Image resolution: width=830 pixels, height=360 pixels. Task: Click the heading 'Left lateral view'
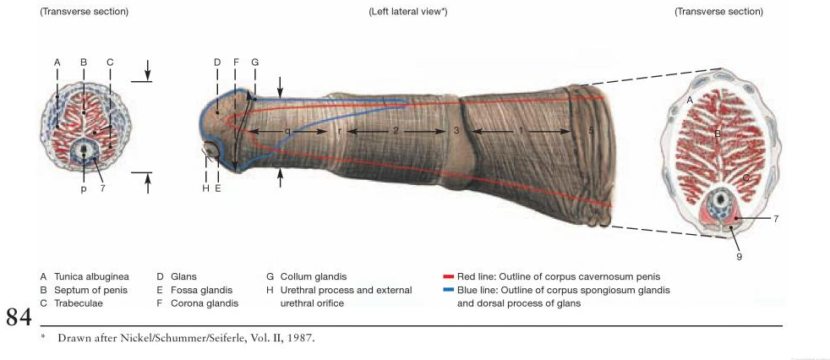[x=407, y=12]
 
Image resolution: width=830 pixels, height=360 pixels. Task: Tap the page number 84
[x=19, y=318]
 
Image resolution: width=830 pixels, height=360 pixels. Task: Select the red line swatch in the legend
[x=448, y=276]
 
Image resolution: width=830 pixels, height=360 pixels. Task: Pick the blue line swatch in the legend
[x=448, y=290]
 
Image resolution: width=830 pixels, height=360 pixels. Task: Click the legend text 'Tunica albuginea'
[x=91, y=276]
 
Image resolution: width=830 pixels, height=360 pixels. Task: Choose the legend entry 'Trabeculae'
[x=77, y=303]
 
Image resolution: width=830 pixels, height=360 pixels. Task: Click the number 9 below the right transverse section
[x=739, y=257]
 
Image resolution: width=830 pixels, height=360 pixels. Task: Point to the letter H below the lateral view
[x=205, y=188]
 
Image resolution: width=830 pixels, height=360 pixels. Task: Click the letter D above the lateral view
[x=217, y=63]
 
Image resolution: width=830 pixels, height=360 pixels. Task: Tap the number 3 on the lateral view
[x=456, y=131]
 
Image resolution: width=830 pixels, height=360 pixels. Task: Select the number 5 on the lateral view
[x=591, y=131]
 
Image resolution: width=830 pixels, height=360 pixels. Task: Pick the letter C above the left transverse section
[x=110, y=63]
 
